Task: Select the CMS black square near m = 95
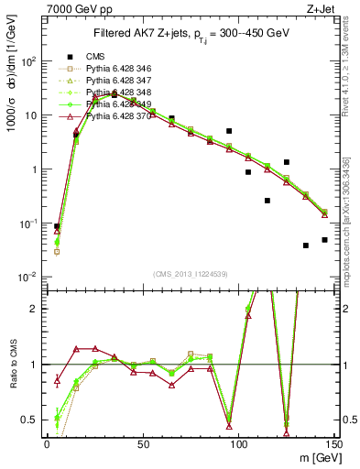pos(229,131)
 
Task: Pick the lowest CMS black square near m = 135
pos(306,245)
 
